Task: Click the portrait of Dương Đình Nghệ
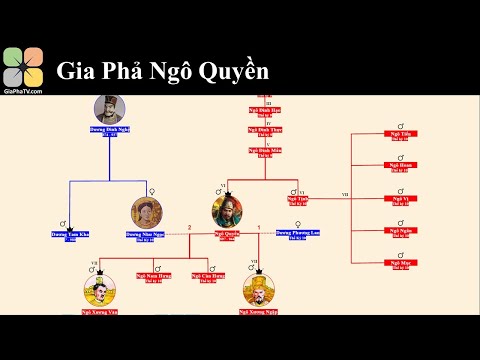[x=110, y=110]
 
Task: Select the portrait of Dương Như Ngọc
[x=146, y=213]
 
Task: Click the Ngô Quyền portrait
[x=227, y=211]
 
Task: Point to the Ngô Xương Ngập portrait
[x=258, y=291]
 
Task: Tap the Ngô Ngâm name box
[x=400, y=232]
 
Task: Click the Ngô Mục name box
[x=400, y=264]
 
